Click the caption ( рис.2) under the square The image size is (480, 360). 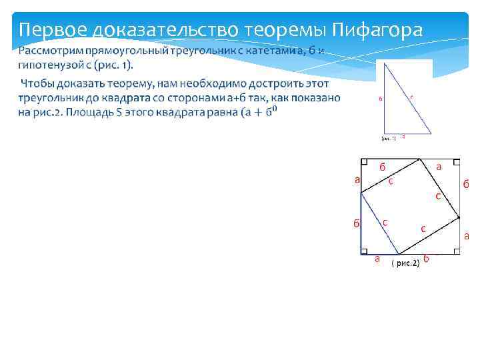tap(405, 263)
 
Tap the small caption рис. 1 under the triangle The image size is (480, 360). tap(388, 139)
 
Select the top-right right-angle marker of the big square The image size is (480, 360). tap(456, 162)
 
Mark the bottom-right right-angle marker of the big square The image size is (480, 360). tap(456, 251)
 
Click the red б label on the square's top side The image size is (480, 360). tap(383, 167)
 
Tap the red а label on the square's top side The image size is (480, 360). tap(438, 167)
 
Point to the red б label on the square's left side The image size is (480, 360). tap(357, 223)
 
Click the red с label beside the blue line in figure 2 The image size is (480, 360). tap(385, 222)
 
